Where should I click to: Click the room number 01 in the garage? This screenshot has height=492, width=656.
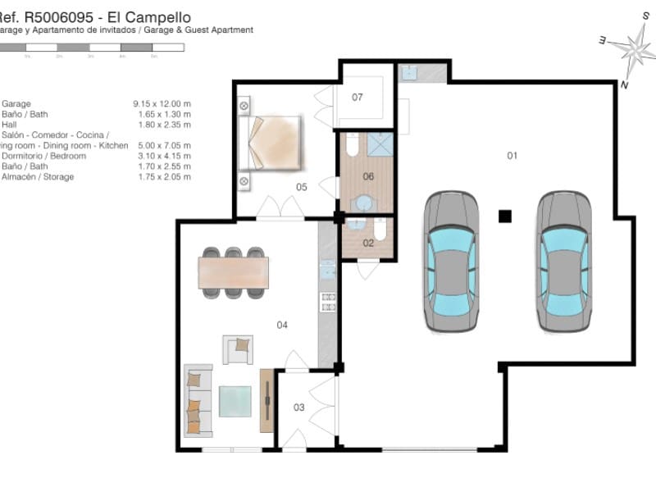coord(512,156)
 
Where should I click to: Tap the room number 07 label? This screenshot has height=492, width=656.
coord(358,98)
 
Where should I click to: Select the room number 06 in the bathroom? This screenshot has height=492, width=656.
coord(368,176)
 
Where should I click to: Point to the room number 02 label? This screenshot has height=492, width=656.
coord(368,243)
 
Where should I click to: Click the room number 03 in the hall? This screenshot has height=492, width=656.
coord(298,408)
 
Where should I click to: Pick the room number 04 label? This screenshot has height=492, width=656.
coord(282,326)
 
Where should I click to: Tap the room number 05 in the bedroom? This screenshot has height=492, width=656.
coord(302,188)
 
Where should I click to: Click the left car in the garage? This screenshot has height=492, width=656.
coord(451,261)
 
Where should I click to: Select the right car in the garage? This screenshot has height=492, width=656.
coord(564,261)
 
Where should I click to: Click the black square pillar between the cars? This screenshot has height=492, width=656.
coord(505,216)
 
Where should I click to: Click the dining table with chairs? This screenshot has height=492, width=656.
coord(234,271)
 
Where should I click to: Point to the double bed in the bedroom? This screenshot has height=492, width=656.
coord(271,142)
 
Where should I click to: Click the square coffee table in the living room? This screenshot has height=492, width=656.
coord(236,401)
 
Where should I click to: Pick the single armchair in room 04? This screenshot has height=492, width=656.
coord(238,348)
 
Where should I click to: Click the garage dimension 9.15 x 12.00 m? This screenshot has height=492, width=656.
coord(162,104)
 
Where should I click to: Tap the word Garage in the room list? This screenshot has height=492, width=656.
coord(16,104)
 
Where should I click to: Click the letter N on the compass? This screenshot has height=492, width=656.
coord(625,85)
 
